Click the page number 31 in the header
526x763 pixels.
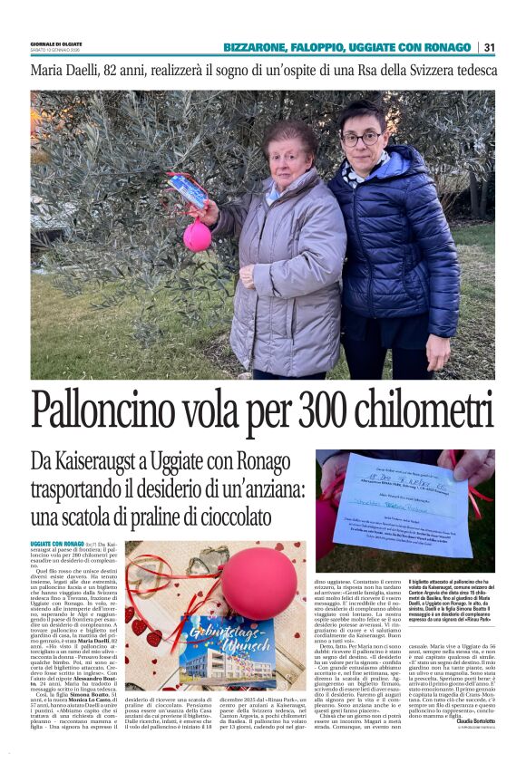(x=489, y=47)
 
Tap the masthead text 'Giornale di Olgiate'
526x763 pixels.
(x=54, y=43)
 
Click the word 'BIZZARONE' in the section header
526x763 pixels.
(x=257, y=47)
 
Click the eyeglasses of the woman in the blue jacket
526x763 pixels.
(x=361, y=139)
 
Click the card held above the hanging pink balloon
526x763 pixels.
(x=189, y=193)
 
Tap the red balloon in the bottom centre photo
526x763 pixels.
(x=258, y=584)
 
